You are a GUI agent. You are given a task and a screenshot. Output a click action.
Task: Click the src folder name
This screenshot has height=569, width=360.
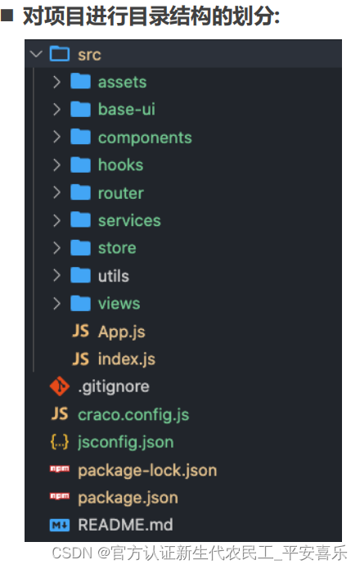tap(89, 55)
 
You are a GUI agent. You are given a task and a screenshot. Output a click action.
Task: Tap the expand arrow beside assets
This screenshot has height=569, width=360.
tap(56, 82)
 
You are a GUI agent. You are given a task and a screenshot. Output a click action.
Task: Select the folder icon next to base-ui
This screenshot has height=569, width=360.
tap(80, 109)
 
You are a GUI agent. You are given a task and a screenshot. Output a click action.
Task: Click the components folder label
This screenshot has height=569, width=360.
tap(145, 138)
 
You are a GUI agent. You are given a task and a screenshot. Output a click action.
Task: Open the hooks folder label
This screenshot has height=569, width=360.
tap(121, 165)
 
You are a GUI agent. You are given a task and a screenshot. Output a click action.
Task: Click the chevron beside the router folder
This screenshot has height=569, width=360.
tap(56, 192)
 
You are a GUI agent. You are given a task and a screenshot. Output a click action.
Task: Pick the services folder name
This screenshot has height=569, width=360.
tap(129, 220)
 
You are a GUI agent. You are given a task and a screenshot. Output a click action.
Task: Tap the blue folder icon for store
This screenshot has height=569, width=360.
tap(80, 247)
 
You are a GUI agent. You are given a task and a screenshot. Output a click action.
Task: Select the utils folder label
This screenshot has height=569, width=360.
tap(114, 276)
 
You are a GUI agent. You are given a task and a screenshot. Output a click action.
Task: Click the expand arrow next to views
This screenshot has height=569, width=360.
tap(56, 304)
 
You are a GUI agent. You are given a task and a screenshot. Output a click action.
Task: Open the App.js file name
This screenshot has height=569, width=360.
tap(121, 332)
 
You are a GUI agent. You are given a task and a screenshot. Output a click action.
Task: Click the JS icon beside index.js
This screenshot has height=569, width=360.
tap(80, 359)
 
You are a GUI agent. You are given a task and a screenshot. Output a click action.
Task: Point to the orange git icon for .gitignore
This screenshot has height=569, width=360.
tap(60, 386)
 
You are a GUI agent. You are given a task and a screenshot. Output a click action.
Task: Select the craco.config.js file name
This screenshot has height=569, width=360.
tap(133, 414)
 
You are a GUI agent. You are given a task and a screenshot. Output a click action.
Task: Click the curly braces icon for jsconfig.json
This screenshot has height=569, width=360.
tap(60, 442)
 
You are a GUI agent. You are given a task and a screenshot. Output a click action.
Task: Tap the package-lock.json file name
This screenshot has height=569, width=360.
tap(147, 470)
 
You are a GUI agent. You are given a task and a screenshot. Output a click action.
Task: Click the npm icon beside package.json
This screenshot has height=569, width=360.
tap(60, 496)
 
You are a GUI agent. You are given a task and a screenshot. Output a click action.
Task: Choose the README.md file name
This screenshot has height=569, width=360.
tap(125, 525)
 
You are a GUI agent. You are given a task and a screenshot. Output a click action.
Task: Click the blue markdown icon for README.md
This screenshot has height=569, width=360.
tap(60, 525)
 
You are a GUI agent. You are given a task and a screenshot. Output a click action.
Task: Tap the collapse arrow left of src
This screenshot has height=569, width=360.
tap(36, 54)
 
